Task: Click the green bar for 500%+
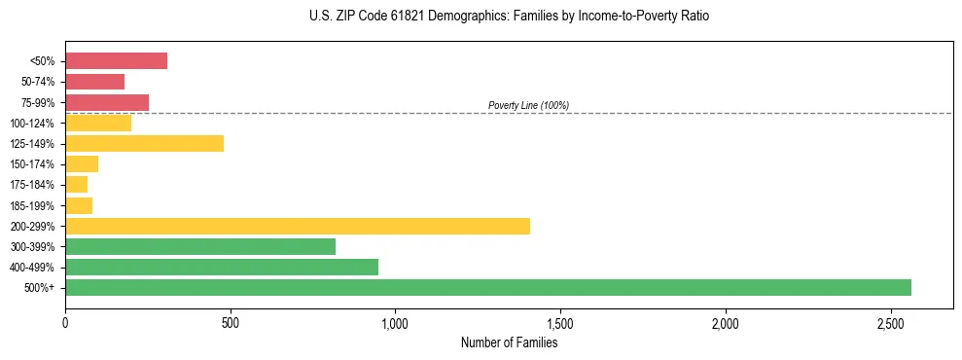(487, 287)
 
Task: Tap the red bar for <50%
(116, 61)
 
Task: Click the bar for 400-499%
(221, 267)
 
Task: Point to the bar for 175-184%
(76, 185)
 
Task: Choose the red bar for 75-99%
(107, 102)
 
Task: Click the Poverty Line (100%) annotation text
(528, 105)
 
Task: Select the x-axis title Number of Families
(509, 342)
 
